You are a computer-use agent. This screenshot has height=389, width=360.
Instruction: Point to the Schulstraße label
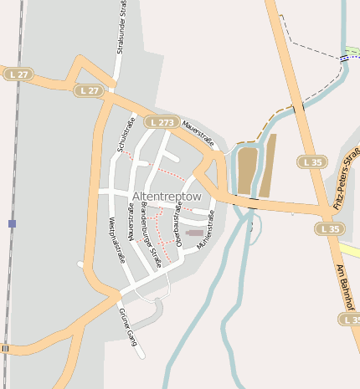tap(126, 135)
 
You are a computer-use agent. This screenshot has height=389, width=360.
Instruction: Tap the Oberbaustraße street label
tap(177, 225)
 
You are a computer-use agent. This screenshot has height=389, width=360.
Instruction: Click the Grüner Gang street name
tap(127, 327)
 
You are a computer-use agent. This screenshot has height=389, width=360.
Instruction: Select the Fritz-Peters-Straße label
tap(347, 179)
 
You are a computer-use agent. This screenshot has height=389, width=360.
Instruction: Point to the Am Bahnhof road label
tap(346, 284)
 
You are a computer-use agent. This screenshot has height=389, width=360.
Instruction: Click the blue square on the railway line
tap(12, 223)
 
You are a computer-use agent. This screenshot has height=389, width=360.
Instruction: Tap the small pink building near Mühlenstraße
tap(194, 232)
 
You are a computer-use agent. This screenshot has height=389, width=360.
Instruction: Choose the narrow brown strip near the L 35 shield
tap(268, 166)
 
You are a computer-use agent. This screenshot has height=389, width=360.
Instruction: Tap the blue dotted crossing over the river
tap(345, 58)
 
